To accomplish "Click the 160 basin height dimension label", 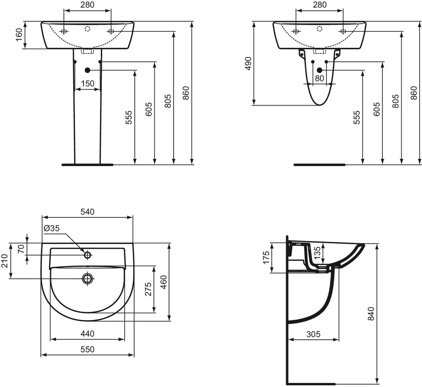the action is [19, 35].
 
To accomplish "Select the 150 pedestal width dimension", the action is [87, 84].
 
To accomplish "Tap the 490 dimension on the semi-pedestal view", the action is [248, 64].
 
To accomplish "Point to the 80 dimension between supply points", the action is [319, 78].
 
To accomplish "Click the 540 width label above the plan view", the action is [87, 212].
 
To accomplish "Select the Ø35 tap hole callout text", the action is [52, 228].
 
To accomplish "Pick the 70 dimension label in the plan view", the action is [21, 249].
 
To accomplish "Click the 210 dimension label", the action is [5, 261].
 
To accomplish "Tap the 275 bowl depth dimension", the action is [148, 289].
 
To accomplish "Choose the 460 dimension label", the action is [163, 282].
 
